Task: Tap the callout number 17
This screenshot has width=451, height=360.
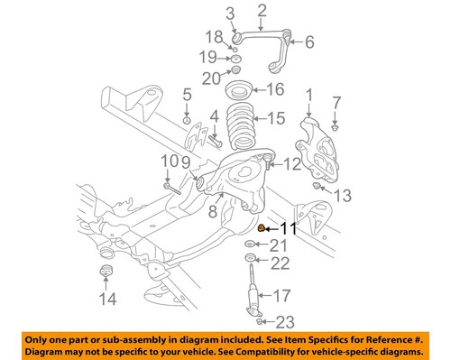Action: (283, 294)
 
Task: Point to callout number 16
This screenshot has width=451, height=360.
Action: (275, 89)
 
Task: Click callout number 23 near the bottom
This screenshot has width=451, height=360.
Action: (286, 322)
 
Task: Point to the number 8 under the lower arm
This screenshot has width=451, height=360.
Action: (214, 212)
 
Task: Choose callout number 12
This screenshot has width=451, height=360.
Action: (291, 164)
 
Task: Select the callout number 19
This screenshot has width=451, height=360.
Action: (208, 59)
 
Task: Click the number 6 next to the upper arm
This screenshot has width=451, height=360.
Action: (309, 41)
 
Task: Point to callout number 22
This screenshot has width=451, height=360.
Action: (281, 263)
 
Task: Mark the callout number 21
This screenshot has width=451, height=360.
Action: (279, 245)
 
